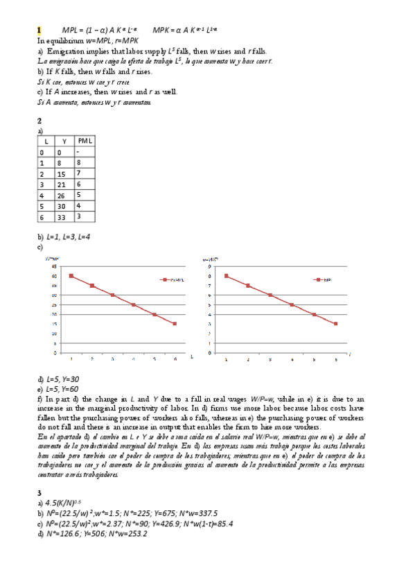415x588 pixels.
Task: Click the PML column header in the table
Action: click(85, 141)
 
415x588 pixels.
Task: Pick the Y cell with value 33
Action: click(64, 216)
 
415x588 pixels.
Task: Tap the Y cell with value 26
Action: click(64, 195)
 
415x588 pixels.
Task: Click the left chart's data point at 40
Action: click(71, 275)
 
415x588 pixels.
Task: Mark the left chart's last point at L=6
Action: click(175, 324)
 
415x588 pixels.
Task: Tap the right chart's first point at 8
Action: click(226, 275)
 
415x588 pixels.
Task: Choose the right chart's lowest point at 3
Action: click(336, 324)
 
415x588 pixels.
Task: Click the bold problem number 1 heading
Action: click(39, 31)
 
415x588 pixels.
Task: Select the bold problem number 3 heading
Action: click(39, 492)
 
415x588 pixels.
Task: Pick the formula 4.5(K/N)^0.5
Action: click(64, 502)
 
